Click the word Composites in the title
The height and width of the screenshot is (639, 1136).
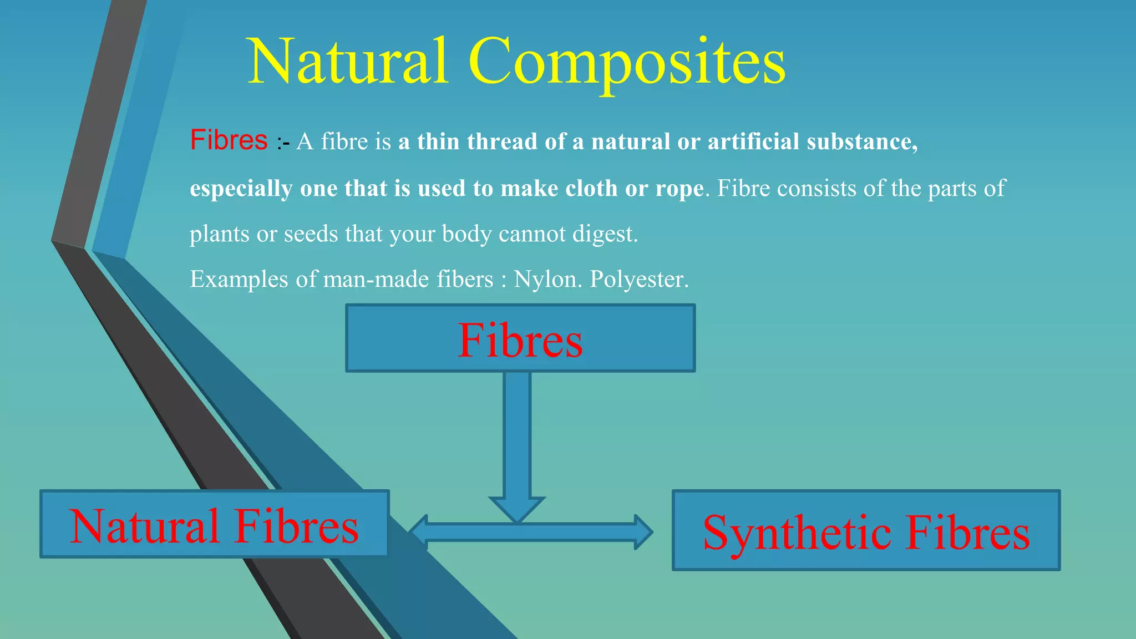(627, 62)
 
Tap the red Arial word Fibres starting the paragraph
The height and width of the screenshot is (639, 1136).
(229, 140)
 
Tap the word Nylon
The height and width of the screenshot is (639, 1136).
(547, 280)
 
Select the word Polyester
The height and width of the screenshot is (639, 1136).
(638, 280)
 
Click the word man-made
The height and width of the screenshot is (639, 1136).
(376, 280)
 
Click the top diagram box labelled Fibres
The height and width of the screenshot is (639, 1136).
(520, 338)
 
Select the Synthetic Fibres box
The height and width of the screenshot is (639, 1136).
(865, 530)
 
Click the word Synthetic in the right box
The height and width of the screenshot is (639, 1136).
(798, 532)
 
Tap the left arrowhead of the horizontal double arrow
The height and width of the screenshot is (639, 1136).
(419, 532)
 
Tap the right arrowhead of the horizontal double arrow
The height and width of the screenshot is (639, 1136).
(643, 532)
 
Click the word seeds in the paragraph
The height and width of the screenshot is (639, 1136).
(311, 235)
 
